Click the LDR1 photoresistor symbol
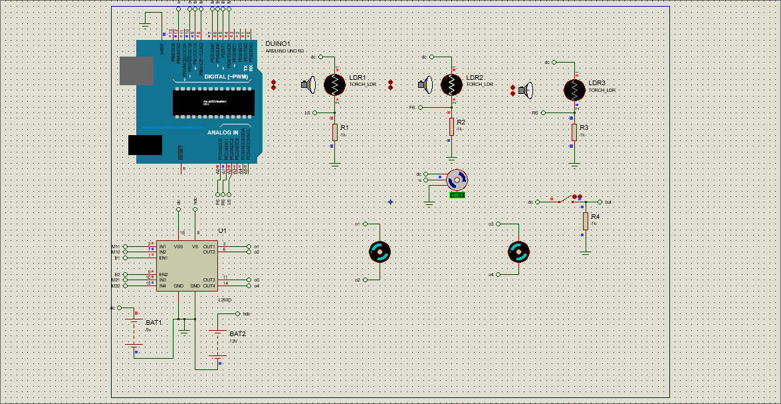coord(335,85)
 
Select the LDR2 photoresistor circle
coord(451,85)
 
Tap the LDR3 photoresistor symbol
coord(574,90)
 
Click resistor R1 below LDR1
coord(335,132)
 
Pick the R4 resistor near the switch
coord(585,222)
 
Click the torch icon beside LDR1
coord(308,85)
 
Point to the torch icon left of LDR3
coord(526,90)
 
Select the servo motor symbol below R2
coord(456,180)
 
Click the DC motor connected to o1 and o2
coord(380,252)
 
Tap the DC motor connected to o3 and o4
coord(518,252)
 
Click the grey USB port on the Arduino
coord(136,71)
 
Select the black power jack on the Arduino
coord(145,145)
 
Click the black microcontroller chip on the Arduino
coord(213,102)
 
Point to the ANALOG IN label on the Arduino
coord(223,132)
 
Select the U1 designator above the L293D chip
coord(222,230)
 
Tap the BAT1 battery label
coord(154,322)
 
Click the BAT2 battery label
coord(237,333)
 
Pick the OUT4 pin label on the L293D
coord(209,286)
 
